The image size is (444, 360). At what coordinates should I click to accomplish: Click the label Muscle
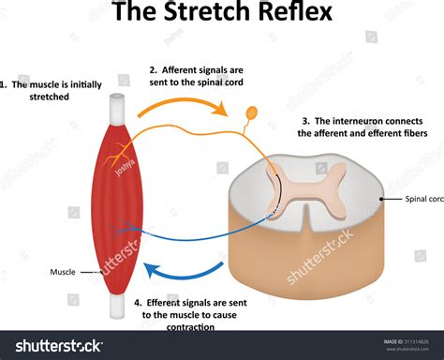pos(63,273)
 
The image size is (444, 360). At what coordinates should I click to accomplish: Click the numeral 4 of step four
pos(138,303)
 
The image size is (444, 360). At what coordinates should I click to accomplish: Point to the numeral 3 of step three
pos(306,120)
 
